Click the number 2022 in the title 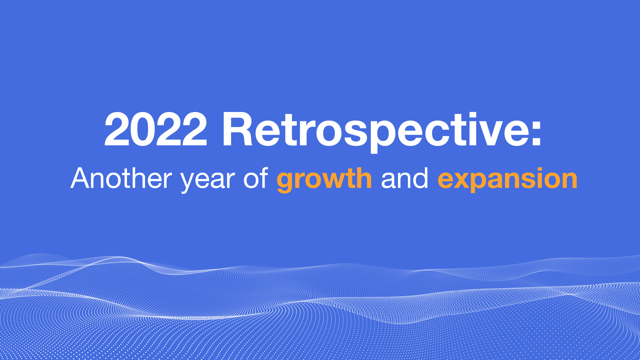(x=156, y=129)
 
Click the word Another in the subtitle (x=121, y=178)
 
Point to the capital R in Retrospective (x=237, y=129)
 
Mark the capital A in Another (x=82, y=178)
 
